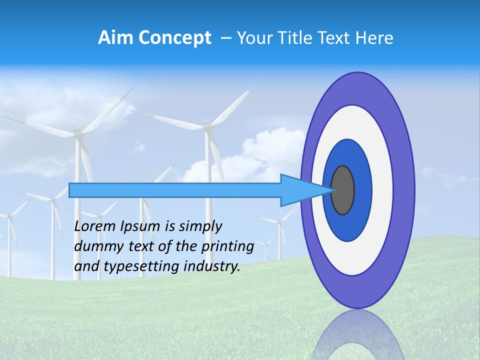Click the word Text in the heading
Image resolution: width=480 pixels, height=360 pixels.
tap(333, 37)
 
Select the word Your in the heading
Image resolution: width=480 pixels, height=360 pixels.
tap(253, 37)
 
